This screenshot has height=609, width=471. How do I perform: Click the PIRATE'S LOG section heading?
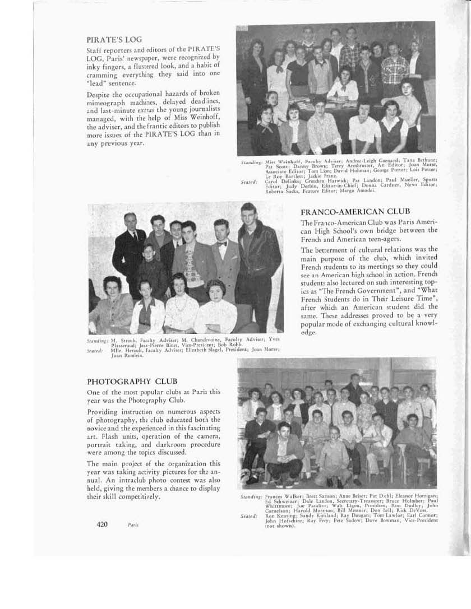pyautogui.click(x=114, y=40)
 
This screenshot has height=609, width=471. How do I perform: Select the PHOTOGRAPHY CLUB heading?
pyautogui.click(x=132, y=382)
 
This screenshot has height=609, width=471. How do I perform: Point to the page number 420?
pyautogui.click(x=102, y=525)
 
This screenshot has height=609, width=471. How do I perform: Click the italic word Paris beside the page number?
pyautogui.click(x=133, y=526)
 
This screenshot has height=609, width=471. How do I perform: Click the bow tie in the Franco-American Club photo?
pyautogui.click(x=222, y=244)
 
